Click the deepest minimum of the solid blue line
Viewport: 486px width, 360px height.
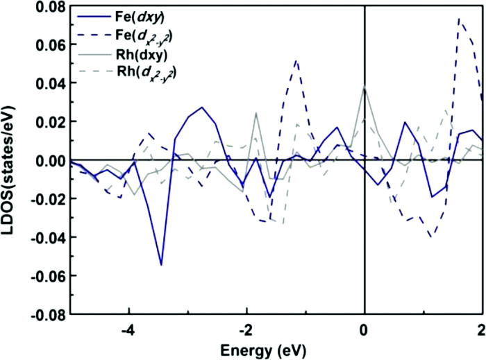pos(161,265)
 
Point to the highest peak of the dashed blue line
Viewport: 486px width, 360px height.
pos(459,19)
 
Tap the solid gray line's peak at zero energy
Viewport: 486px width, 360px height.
pos(364,87)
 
